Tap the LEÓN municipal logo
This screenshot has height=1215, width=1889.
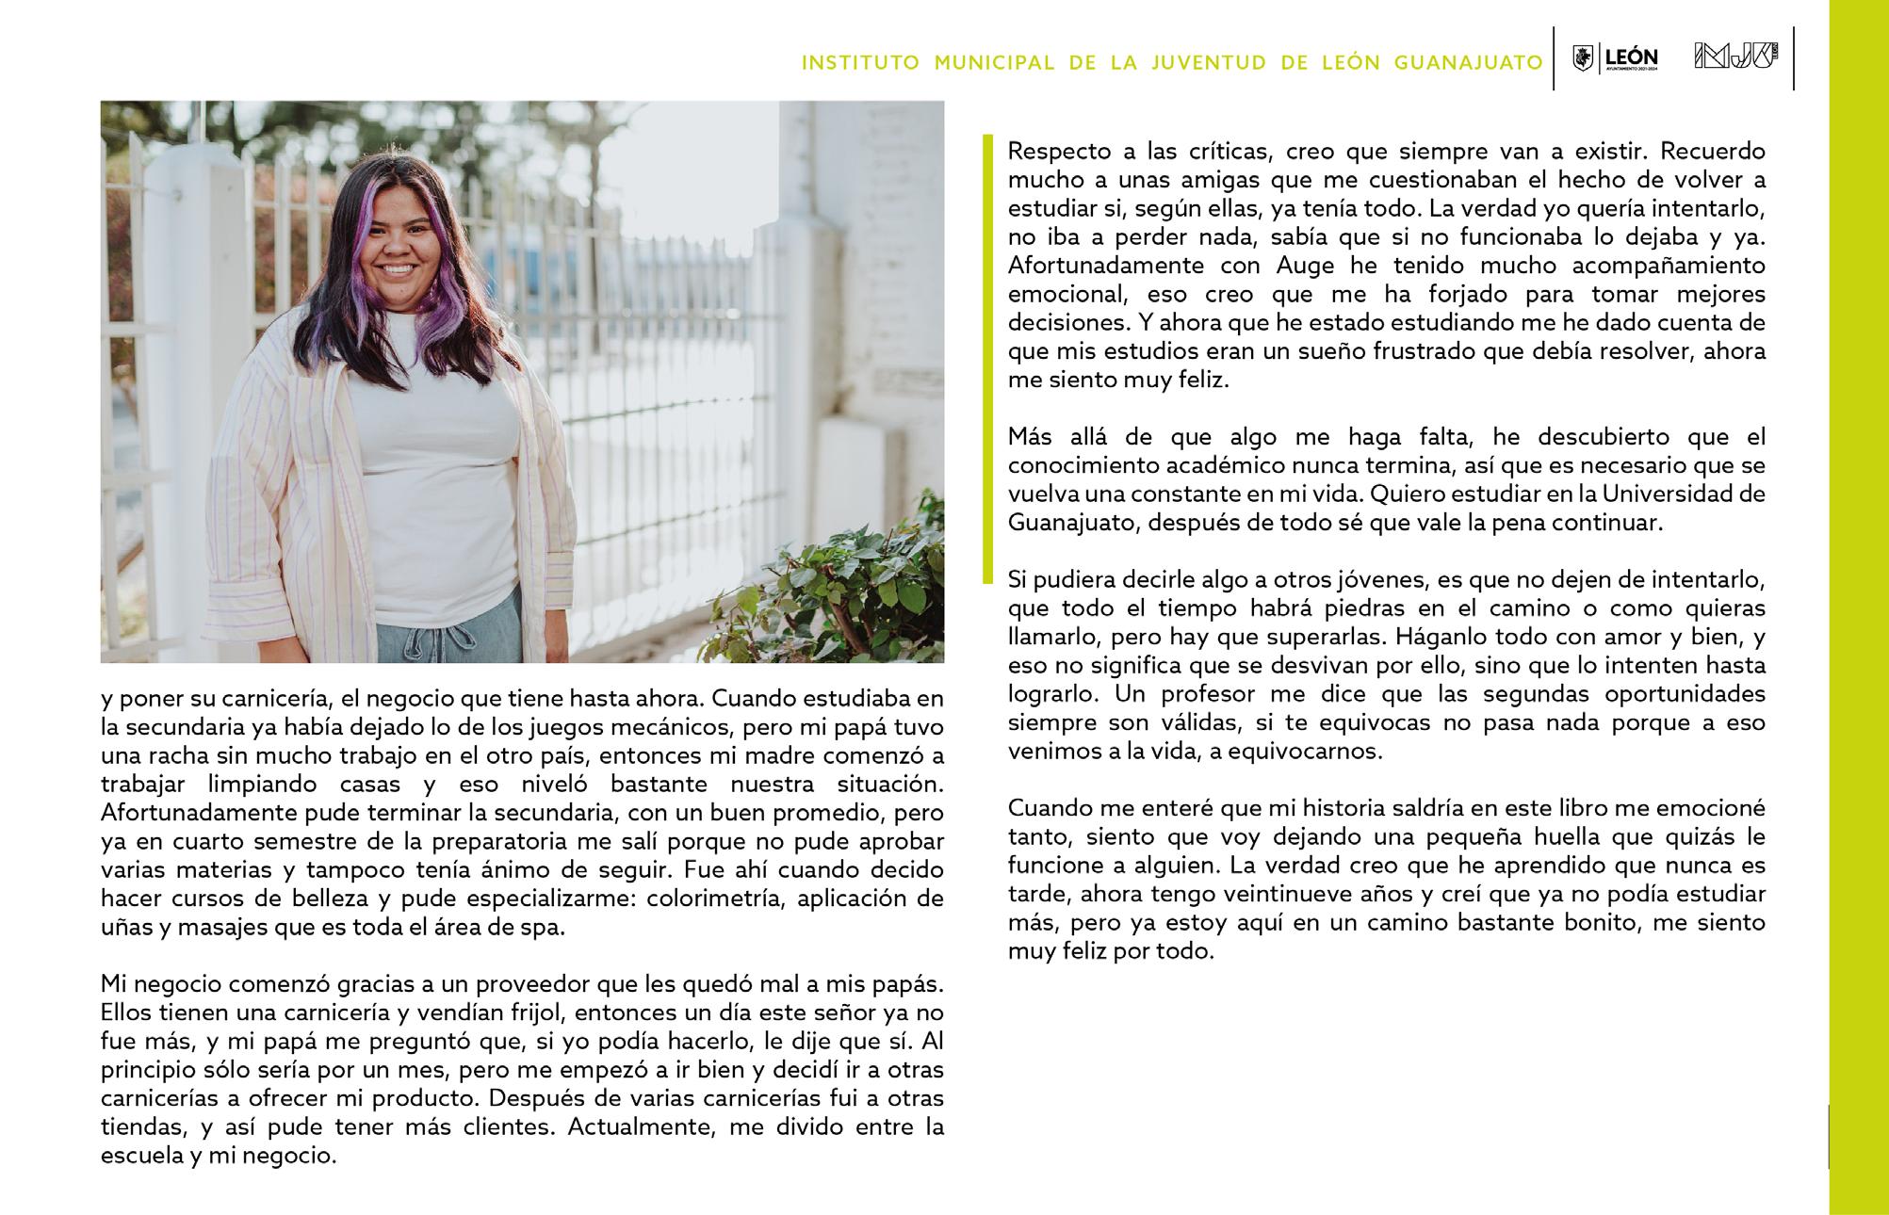pos(1615,58)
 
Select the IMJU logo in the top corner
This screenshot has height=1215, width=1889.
pos(1734,57)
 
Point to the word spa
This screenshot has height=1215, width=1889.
pos(546,927)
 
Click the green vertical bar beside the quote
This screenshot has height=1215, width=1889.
pos(987,358)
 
